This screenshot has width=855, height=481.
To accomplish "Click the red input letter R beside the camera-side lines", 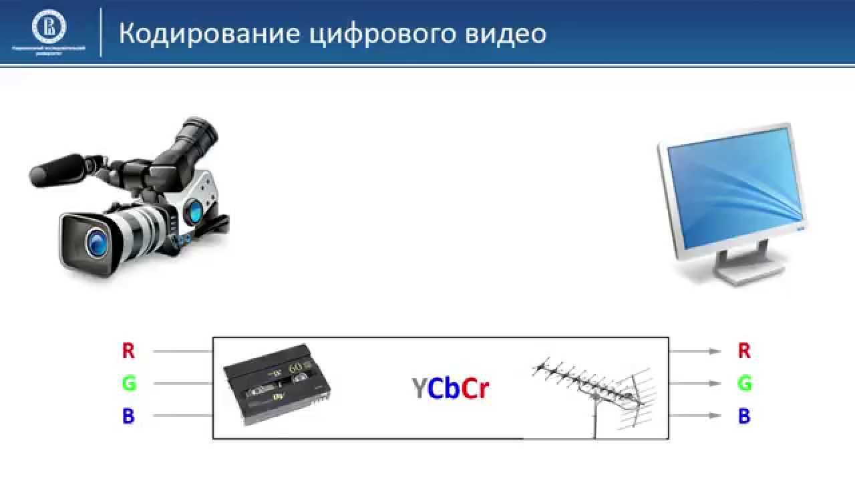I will tap(128, 350).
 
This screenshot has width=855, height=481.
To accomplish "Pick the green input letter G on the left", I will tap(128, 383).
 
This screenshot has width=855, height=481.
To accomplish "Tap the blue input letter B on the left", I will tap(128, 416).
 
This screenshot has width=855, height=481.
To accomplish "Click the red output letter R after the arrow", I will tap(744, 350).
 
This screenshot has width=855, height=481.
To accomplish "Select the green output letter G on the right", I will tap(744, 383).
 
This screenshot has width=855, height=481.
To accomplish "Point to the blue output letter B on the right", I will tap(744, 416).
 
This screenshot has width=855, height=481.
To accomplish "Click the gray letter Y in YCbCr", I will tap(419, 389).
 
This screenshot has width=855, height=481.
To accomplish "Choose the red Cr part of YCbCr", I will tap(476, 389).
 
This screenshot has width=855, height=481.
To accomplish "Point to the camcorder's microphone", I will tap(57, 170).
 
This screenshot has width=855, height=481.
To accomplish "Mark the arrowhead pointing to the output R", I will tap(716, 351).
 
